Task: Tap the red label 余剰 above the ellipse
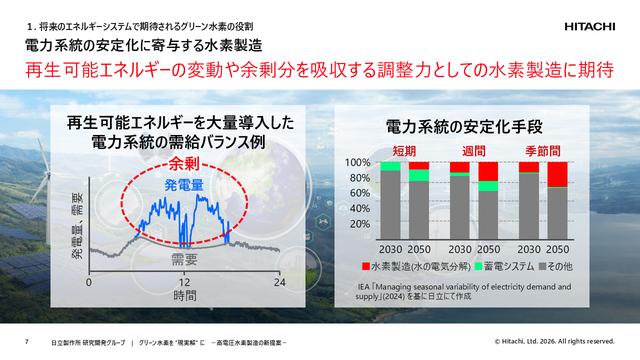coord(185,163)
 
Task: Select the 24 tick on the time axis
coord(281,283)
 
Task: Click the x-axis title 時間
coord(185,297)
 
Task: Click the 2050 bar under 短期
coord(419,200)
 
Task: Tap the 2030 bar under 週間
coord(459,200)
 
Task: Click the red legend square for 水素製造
coord(366,267)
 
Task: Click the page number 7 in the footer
coord(26,343)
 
